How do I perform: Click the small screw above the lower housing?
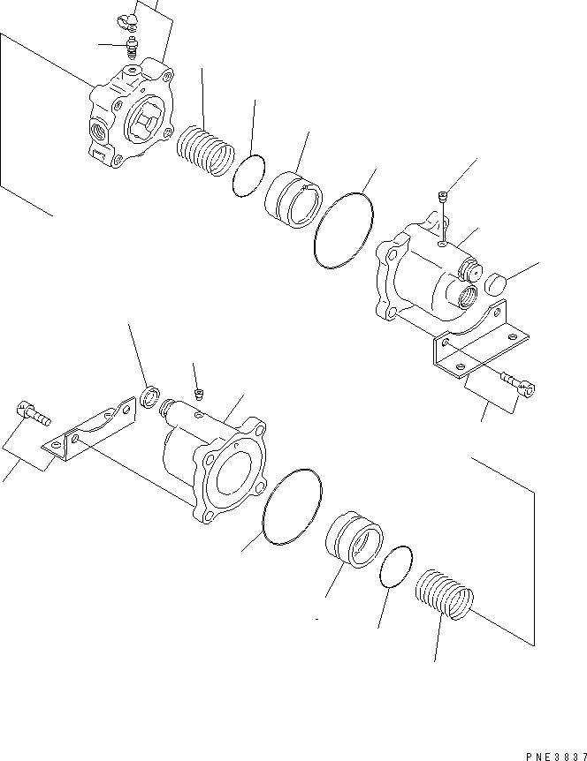pyautogui.click(x=199, y=391)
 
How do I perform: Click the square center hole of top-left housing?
pyautogui.click(x=147, y=120)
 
